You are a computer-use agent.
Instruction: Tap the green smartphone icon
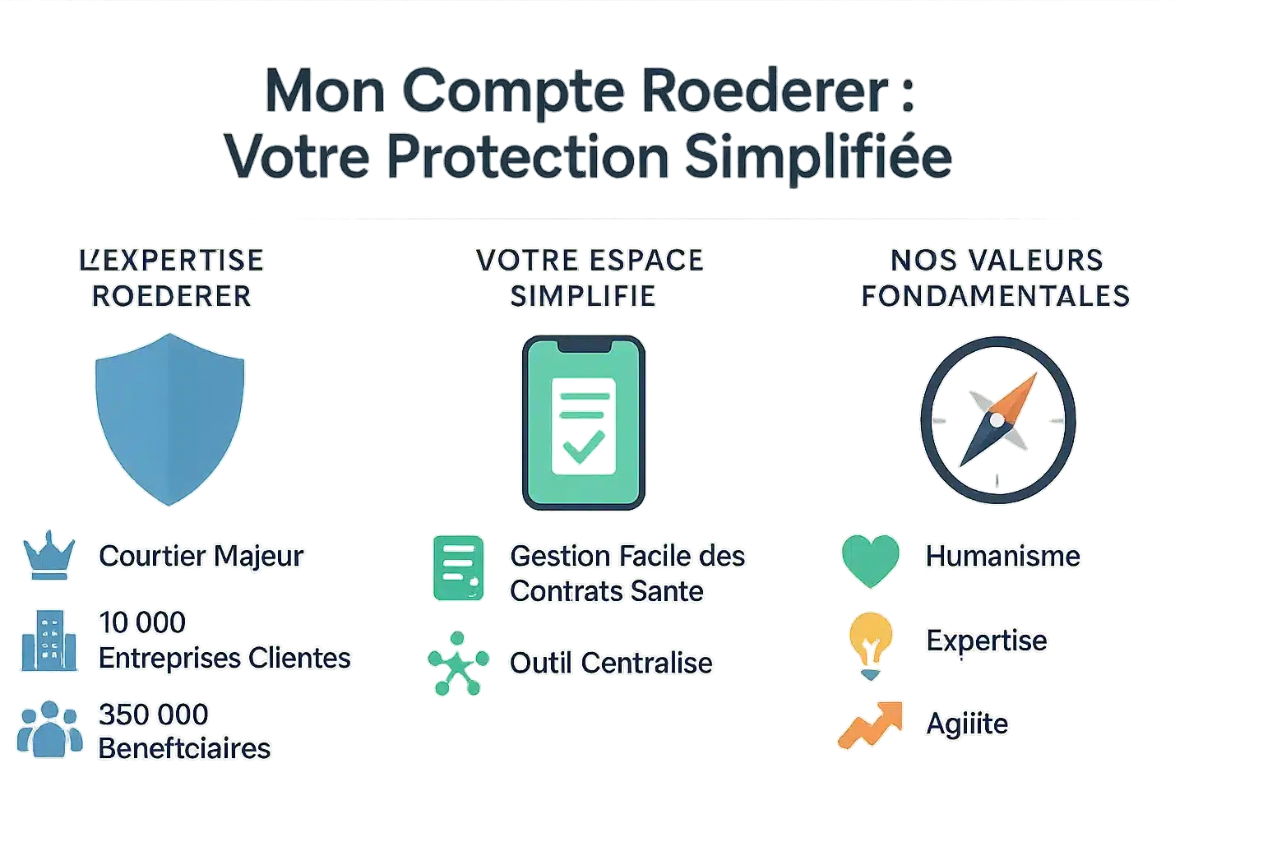[583, 423]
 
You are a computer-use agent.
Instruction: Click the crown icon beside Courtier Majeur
[49, 556]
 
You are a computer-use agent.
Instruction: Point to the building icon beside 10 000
[49, 641]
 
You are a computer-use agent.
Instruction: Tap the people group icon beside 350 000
[49, 729]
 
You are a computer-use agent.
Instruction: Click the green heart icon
[870, 559]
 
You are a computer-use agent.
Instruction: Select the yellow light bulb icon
[870, 643]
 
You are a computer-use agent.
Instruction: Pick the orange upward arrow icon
[870, 724]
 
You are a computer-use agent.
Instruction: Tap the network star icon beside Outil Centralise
[458, 663]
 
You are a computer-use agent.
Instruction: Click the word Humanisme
[1002, 556]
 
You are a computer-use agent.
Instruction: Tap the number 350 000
[154, 714]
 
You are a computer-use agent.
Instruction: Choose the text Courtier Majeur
[201, 556]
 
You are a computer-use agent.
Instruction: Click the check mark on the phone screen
[583, 446]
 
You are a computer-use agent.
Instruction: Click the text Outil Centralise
[611, 663]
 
